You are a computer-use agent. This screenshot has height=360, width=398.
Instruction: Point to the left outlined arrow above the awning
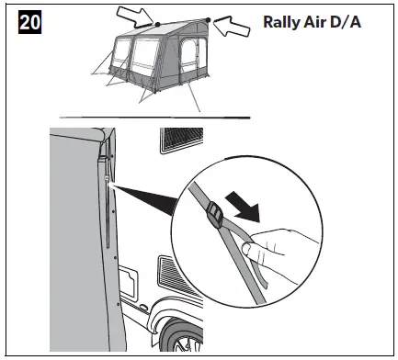pyautogui.click(x=136, y=14)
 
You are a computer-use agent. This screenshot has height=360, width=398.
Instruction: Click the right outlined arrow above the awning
pyautogui.click(x=235, y=28)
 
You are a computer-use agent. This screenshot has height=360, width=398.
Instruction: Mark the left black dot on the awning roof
pyautogui.click(x=157, y=24)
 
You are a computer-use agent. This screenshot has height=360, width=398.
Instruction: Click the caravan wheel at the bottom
pyautogui.click(x=183, y=340)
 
